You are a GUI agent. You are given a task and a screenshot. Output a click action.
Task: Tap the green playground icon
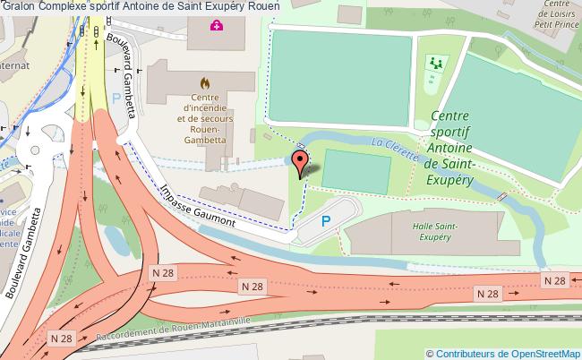tap(436, 63)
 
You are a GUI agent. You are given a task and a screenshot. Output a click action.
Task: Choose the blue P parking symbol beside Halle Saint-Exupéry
tap(327, 220)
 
